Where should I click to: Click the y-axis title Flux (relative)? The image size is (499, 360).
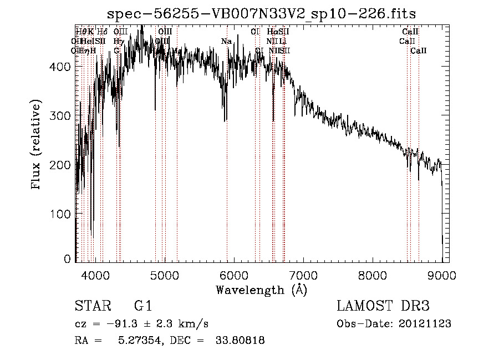tap(37, 145)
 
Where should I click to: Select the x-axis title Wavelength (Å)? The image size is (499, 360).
tap(261, 290)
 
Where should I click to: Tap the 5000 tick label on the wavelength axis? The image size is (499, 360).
tap(165, 275)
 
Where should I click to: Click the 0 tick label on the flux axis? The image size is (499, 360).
tap(68, 259)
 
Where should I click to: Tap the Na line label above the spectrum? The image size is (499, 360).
tap(226, 42)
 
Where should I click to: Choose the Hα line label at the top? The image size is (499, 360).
tap(272, 32)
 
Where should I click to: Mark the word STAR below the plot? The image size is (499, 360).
tap(92, 306)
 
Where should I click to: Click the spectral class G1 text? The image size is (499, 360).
tap(142, 306)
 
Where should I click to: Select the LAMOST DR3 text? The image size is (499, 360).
tap(383, 306)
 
